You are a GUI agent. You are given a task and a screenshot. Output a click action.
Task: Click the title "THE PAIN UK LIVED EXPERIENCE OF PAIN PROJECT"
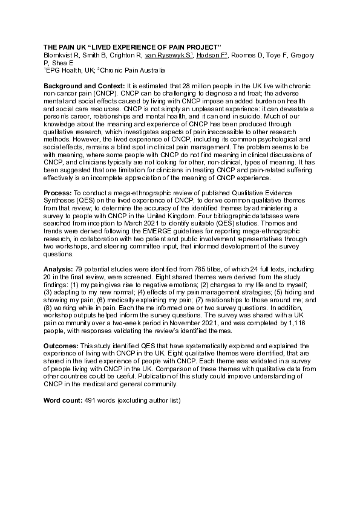tap(132, 47)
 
